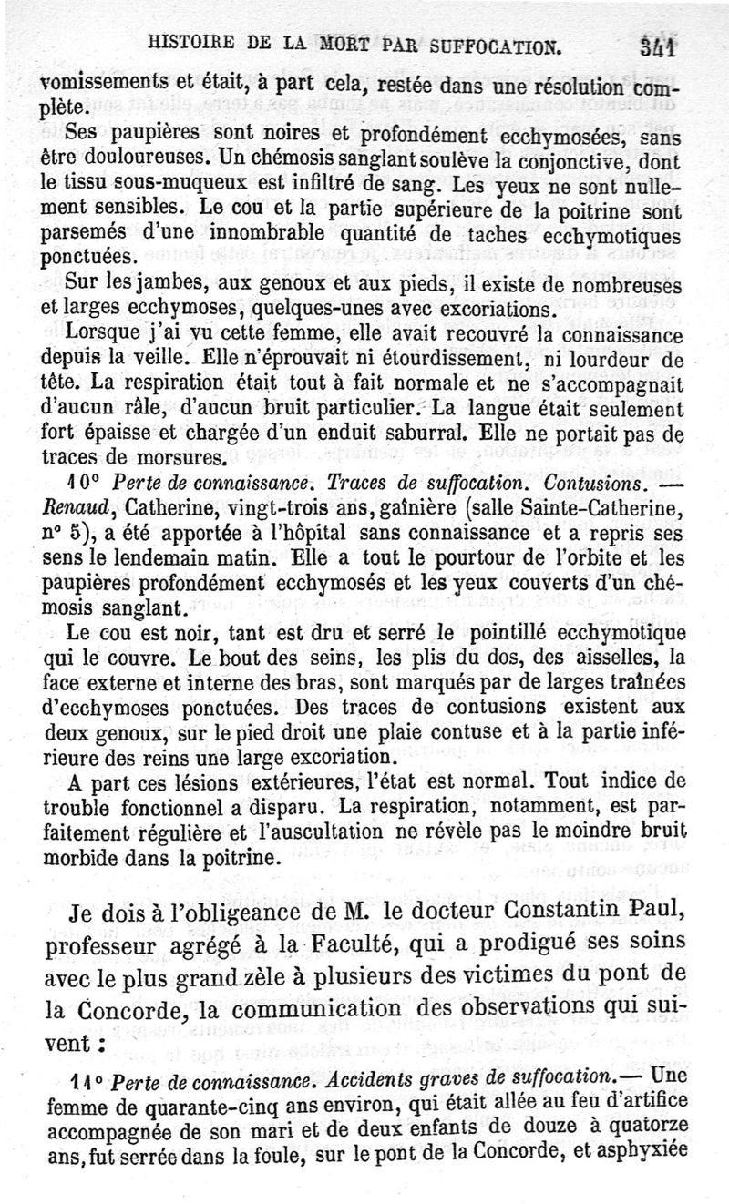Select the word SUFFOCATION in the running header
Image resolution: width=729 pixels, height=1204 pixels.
(x=493, y=42)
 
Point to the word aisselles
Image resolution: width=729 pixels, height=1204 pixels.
(x=591, y=657)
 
